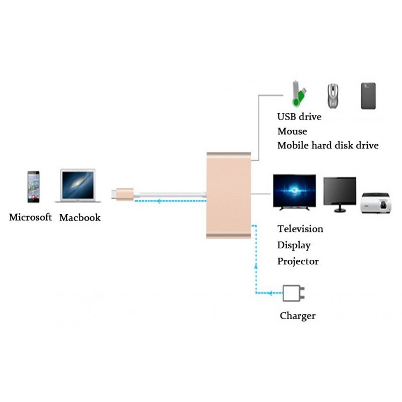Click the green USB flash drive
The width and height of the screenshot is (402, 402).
coord(299,94)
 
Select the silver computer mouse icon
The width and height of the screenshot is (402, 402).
coord(333,96)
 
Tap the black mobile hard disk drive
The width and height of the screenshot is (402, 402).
coord(368,96)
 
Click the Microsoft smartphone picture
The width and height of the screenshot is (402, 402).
coord(34,186)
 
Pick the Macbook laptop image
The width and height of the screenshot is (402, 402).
coord(78,185)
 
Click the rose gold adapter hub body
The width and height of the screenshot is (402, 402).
coord(229,195)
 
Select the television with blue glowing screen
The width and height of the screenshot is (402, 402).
coord(294,192)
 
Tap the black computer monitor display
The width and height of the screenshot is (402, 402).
coord(340,194)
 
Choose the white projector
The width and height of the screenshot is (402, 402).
coord(376,204)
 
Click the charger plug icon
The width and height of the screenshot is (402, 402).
coord(293,293)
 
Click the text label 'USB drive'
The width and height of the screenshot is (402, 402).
coord(299,117)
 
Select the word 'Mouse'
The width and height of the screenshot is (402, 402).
coord(292,132)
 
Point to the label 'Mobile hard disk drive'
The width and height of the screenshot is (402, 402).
coord(328,146)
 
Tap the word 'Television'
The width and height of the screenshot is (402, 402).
coord(300,229)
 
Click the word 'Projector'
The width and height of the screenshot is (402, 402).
coord(298,261)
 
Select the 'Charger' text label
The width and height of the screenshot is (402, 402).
coord(297,316)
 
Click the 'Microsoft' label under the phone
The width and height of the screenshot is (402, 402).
coord(31,218)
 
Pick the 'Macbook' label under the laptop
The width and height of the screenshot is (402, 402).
coord(80,218)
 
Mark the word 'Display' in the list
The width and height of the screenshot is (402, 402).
coord(294,245)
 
